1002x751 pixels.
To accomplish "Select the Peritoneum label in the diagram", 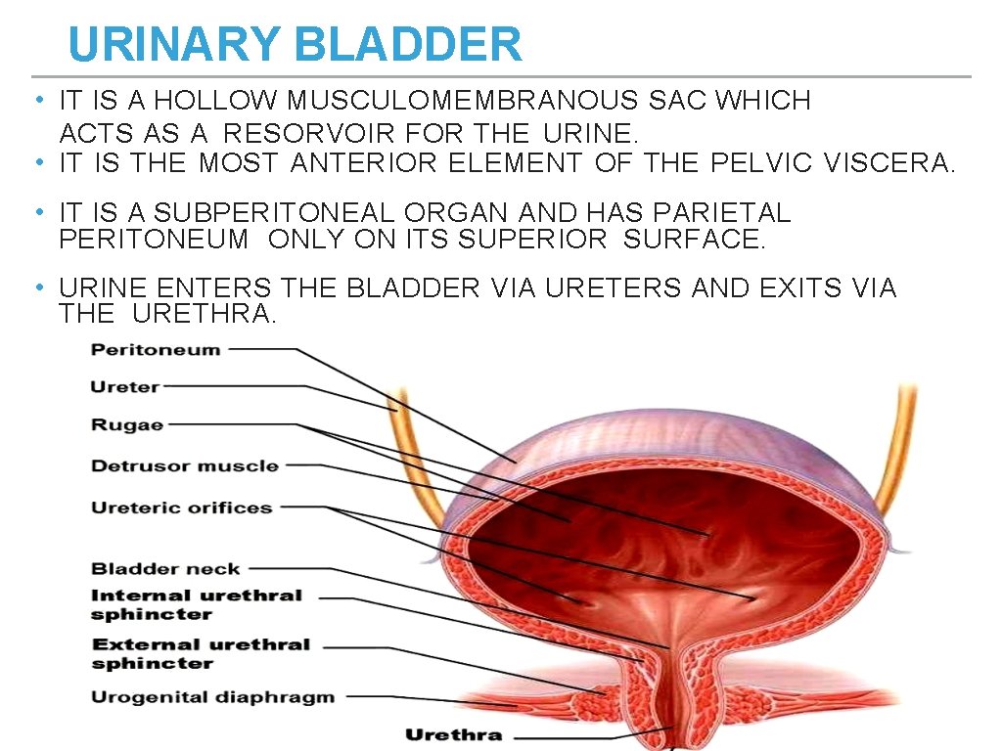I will click(x=156, y=350).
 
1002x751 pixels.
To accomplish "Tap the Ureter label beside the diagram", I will click(x=124, y=387).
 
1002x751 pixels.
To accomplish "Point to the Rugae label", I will click(x=127, y=424).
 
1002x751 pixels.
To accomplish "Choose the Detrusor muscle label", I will click(x=185, y=466).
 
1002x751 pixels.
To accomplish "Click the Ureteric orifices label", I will click(x=181, y=508).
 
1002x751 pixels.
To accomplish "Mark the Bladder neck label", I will click(x=165, y=568).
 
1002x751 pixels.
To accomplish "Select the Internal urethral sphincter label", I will click(x=196, y=604).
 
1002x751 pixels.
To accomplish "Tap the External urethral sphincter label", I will click(x=200, y=653).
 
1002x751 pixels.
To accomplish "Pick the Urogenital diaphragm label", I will click(x=212, y=697).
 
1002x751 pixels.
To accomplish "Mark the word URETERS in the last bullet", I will click(x=614, y=288).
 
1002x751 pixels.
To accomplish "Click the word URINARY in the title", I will click(x=174, y=45).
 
